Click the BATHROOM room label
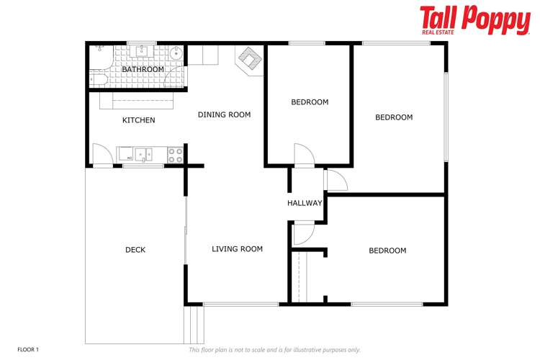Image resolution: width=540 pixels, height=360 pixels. [143, 69]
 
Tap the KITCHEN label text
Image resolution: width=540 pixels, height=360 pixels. [138, 120]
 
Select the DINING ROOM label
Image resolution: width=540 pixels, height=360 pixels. [224, 114]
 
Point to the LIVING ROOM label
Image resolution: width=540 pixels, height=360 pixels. [237, 249]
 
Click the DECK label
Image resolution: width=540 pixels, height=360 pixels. [135, 250]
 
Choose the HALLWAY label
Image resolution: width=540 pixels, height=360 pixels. [305, 203]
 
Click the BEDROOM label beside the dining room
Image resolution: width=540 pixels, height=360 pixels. [310, 102]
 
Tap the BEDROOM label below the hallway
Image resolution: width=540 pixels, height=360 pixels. [387, 251]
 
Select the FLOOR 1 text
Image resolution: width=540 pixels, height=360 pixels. [28, 350]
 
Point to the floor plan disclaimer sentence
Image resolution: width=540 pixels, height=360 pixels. [274, 350]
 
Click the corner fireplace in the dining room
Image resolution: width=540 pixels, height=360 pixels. [249, 59]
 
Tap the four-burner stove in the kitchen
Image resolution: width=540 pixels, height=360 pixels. [176, 155]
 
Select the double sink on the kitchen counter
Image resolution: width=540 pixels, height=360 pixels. [143, 154]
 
